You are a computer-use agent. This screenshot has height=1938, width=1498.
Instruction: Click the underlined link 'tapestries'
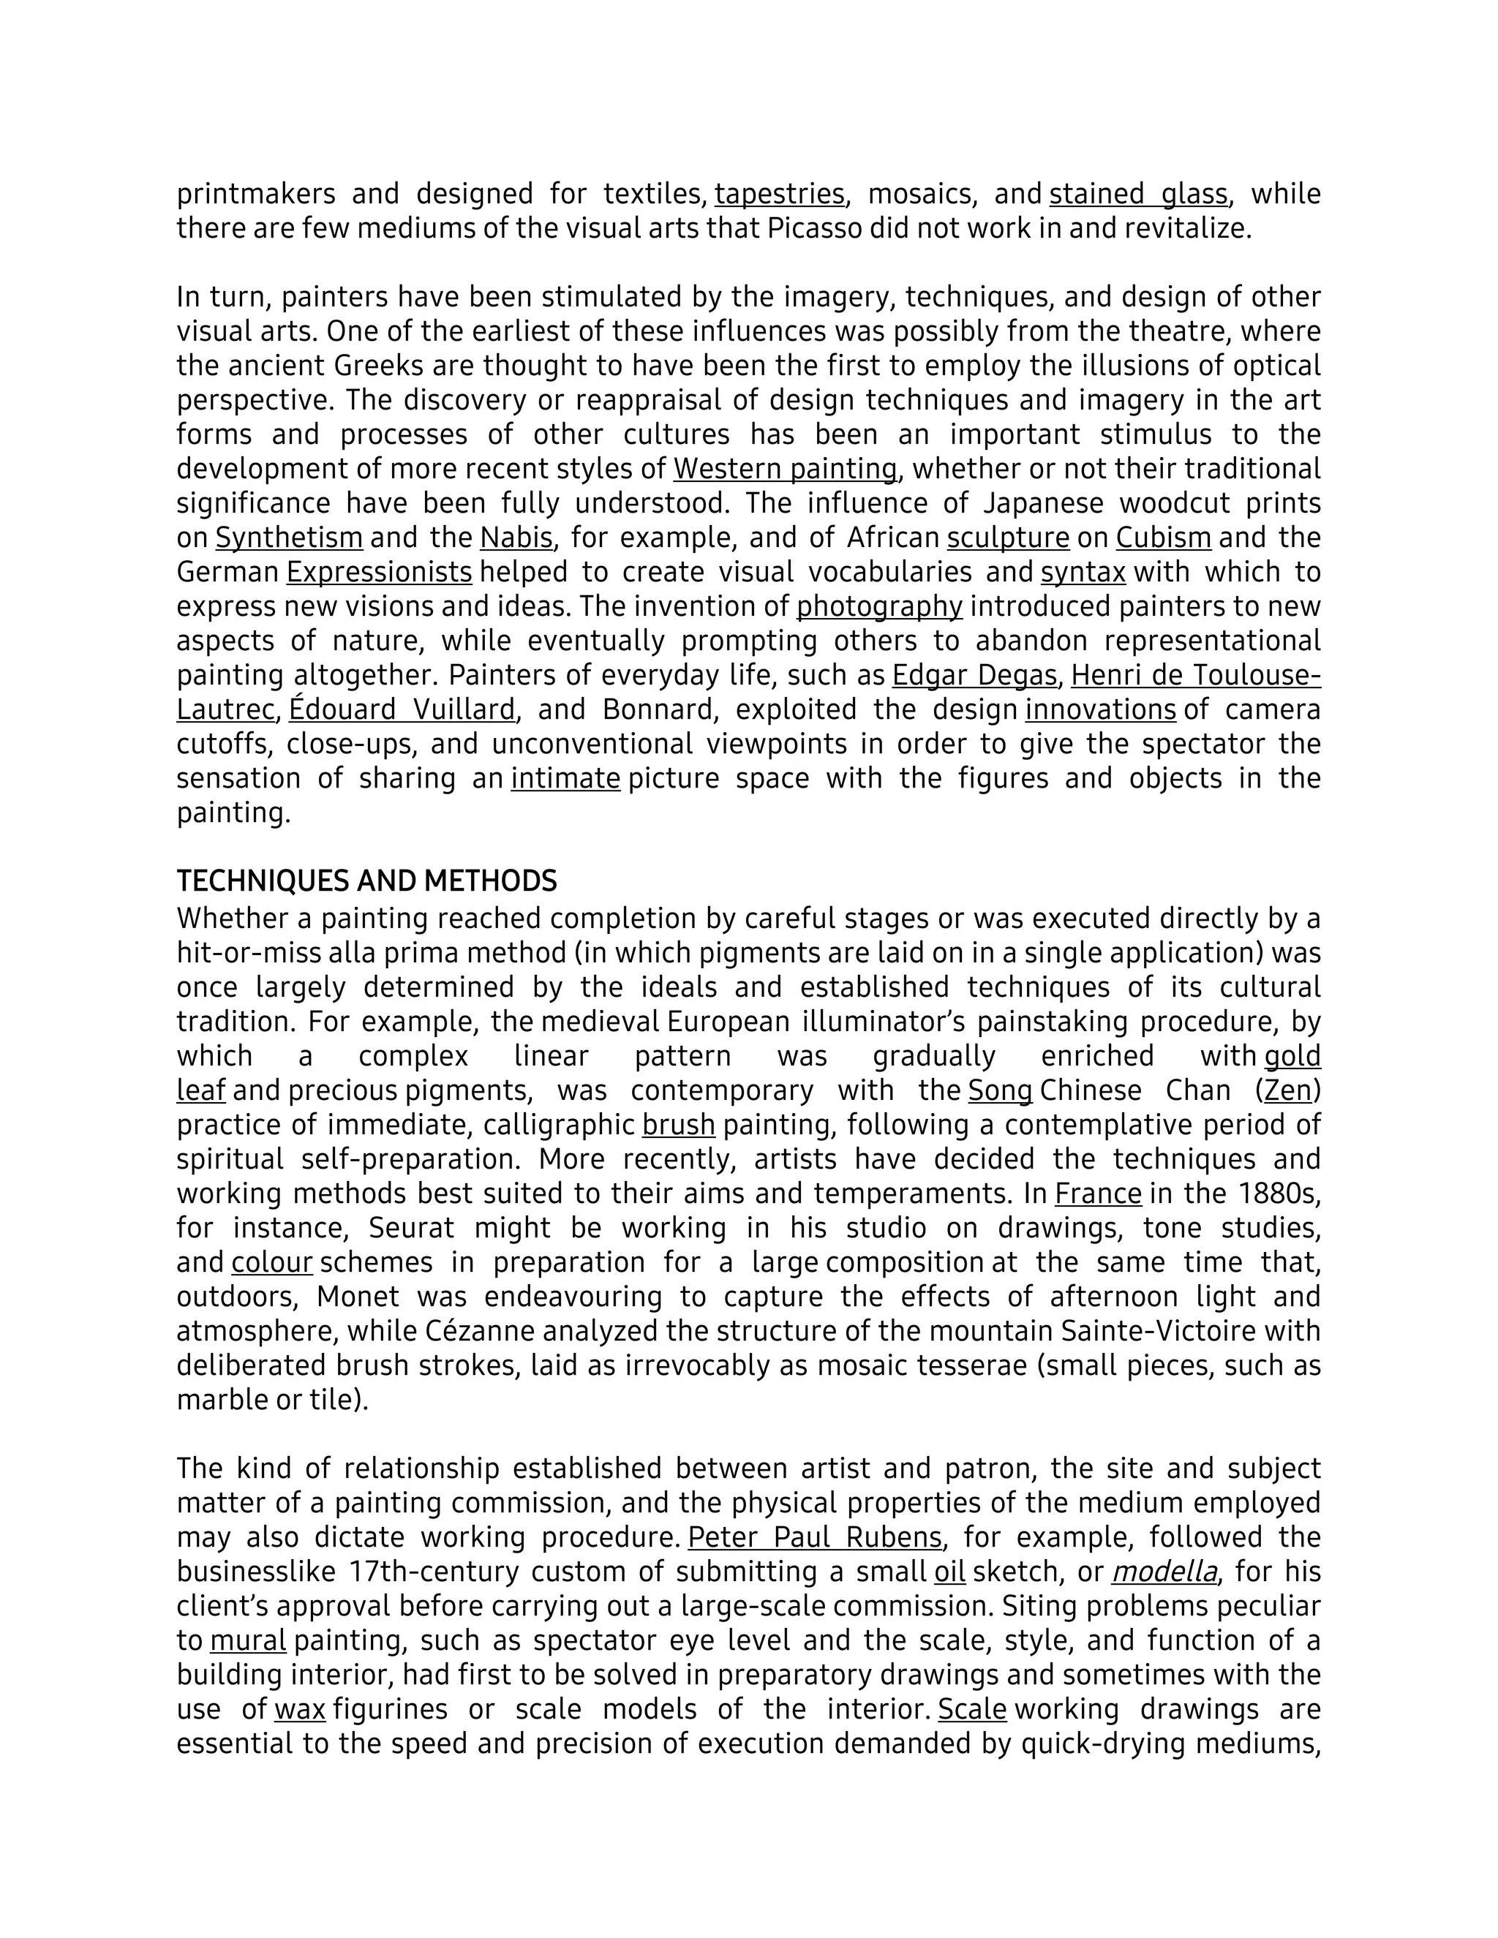778,194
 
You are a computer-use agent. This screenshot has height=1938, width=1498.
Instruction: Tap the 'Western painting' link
785,469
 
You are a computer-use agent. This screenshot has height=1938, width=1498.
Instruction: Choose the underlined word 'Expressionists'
379,573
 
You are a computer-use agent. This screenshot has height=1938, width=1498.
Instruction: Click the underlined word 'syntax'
1083,573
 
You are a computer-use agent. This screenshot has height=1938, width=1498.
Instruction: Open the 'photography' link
878,607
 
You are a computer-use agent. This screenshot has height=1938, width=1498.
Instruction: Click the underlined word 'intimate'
565,778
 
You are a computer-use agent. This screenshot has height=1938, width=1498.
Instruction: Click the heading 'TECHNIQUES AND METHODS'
366,881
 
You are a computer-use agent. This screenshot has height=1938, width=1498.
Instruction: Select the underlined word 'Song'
999,1090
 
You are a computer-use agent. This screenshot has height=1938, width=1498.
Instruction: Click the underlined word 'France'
1098,1194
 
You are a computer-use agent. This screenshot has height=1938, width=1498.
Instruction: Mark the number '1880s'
1278,1194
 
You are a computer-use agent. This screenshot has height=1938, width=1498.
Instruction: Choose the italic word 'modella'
1164,1572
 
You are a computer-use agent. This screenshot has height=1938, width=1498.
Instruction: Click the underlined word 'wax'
300,1709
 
